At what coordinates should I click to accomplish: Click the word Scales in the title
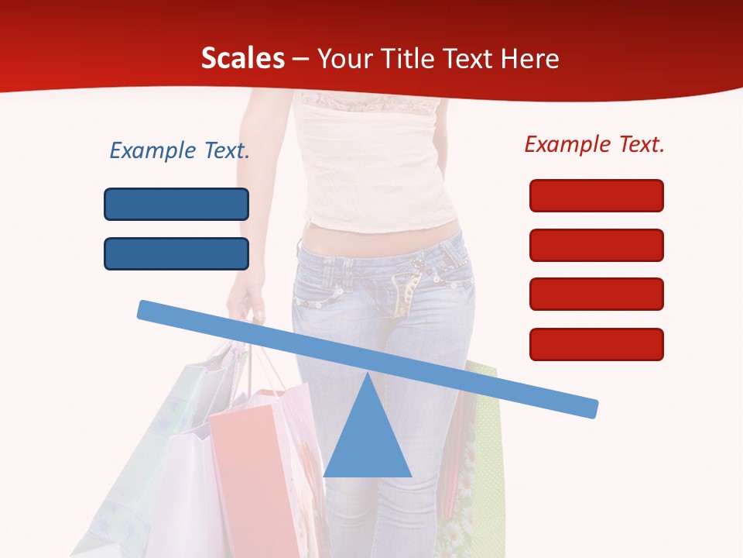(x=242, y=59)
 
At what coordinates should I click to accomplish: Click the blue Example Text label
(x=180, y=150)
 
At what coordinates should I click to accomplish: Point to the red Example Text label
(x=594, y=144)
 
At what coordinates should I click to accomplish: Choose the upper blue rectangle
(x=176, y=204)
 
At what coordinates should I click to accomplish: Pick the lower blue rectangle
(x=176, y=253)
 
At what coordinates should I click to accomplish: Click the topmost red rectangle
(x=596, y=195)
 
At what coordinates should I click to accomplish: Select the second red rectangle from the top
(x=596, y=245)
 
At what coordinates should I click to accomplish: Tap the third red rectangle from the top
(x=596, y=294)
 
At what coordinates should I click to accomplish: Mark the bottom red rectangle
(x=596, y=344)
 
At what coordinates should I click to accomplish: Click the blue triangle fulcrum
(x=368, y=442)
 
